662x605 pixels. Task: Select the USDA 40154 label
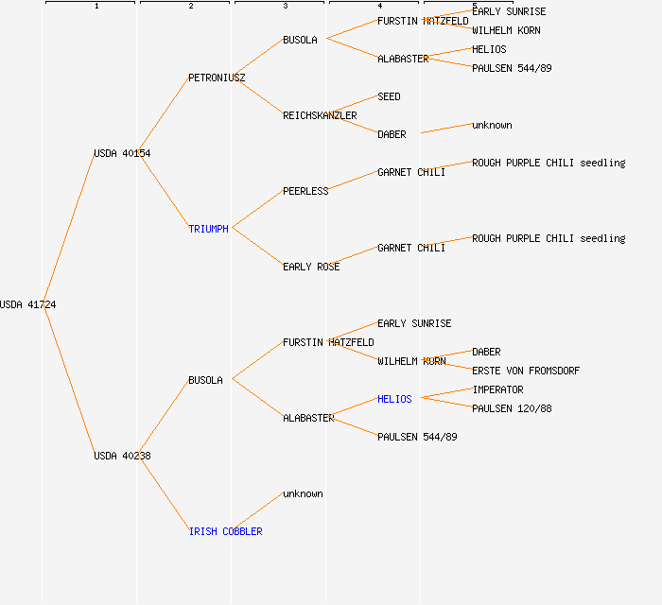(122, 153)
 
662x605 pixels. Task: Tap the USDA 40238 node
(122, 456)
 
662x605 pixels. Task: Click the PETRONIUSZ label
(217, 78)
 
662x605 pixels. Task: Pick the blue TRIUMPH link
(208, 229)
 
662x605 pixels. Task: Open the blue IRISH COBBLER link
(225, 531)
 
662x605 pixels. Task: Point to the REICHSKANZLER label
(320, 115)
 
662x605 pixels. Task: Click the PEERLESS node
(305, 191)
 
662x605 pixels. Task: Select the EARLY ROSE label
(311, 267)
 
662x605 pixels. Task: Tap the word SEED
(389, 96)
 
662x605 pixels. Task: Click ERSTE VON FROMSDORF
(526, 371)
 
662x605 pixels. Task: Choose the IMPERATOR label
(497, 389)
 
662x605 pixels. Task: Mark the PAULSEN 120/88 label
(512, 408)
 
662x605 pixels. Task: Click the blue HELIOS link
(394, 399)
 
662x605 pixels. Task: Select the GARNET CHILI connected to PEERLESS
(411, 172)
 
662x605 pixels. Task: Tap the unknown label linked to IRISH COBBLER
(303, 493)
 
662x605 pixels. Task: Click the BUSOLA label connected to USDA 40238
(205, 380)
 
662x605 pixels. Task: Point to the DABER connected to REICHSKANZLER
(392, 134)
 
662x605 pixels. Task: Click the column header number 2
(190, 7)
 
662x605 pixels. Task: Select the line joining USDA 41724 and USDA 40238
(68, 379)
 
